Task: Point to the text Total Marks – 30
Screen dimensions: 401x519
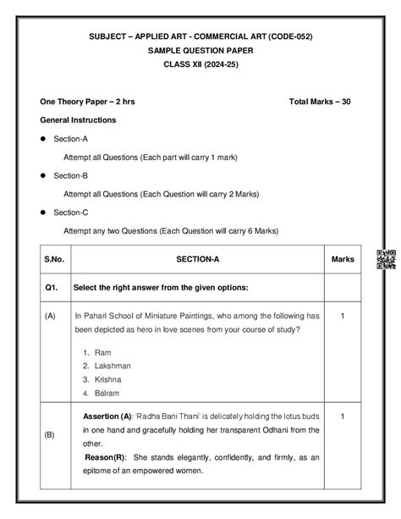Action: (x=319, y=102)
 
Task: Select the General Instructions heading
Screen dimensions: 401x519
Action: (x=77, y=120)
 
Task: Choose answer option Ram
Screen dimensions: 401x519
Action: (x=103, y=351)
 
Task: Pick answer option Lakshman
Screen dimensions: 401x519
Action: (x=113, y=366)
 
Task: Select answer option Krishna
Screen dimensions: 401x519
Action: (x=109, y=379)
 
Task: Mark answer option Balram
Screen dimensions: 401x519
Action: (x=107, y=394)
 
